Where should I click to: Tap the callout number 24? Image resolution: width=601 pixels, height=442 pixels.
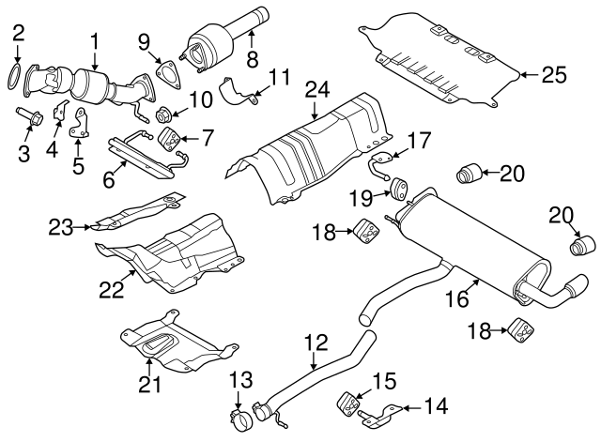point(316,90)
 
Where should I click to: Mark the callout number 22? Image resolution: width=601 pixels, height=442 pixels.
point(112,293)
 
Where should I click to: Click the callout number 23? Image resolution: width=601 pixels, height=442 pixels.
point(61,226)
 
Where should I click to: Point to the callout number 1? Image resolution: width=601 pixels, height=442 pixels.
point(95,40)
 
